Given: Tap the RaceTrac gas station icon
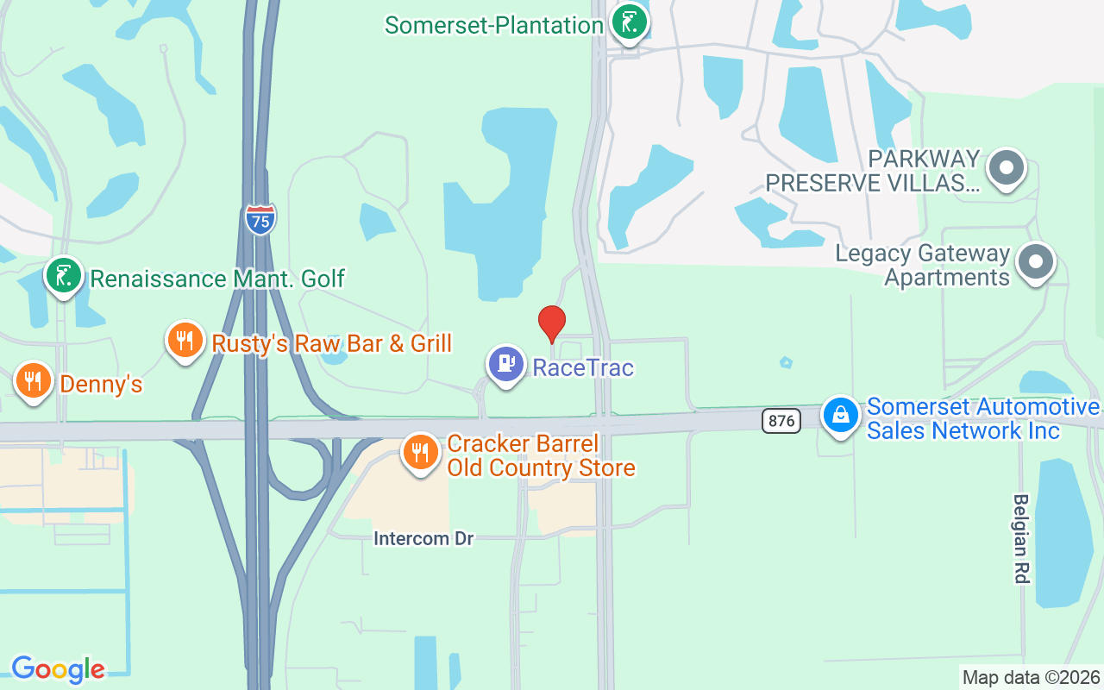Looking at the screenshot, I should [x=506, y=363].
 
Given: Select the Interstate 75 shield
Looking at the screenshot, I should [x=260, y=219].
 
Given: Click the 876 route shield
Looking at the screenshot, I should [x=781, y=420].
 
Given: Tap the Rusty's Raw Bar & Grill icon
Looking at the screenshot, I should [x=184, y=339].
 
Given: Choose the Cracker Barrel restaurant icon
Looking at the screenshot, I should [x=420, y=450].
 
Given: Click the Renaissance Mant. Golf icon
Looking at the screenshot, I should [x=63, y=275].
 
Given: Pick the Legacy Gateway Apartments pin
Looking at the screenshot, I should [x=1036, y=260].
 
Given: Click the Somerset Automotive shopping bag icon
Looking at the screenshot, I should [x=840, y=416].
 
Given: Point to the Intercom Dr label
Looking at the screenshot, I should [x=423, y=538].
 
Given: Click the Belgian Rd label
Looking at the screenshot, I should [x=1021, y=538].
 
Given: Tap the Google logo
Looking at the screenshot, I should [x=58, y=669].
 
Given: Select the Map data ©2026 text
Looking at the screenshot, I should [x=1031, y=677].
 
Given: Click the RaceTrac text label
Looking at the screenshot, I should [x=583, y=368].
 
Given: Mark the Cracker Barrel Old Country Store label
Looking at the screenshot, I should [x=541, y=456].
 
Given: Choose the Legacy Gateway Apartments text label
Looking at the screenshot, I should [x=922, y=266].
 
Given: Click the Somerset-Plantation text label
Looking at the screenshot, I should [x=493, y=25].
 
